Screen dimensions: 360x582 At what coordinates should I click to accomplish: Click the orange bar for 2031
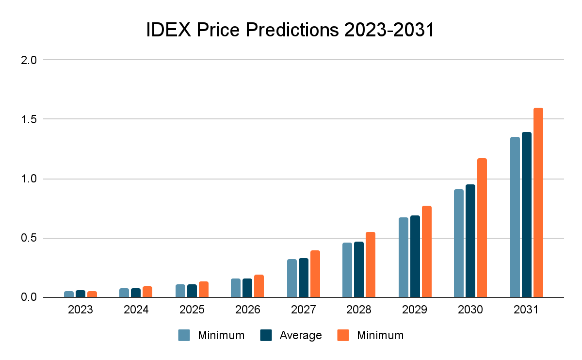click(x=538, y=202)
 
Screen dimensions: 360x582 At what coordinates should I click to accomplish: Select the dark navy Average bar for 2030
click(x=470, y=241)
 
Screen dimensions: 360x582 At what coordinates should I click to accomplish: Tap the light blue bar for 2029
click(x=403, y=257)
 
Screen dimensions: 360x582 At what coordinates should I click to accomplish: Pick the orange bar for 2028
click(x=370, y=264)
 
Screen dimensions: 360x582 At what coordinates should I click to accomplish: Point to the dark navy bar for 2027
click(x=303, y=278)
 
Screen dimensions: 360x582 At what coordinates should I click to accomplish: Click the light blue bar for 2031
click(x=515, y=217)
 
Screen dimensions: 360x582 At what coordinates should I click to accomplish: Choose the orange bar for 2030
click(x=482, y=228)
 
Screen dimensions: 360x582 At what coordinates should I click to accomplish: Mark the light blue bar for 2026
click(x=235, y=288)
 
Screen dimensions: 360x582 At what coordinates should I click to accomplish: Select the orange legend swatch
click(x=343, y=335)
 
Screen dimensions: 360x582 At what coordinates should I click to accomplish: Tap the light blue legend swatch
click(x=184, y=335)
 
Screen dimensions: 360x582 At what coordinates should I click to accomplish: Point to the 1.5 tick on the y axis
click(x=30, y=119)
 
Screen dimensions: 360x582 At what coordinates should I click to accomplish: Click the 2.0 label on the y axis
click(x=30, y=60)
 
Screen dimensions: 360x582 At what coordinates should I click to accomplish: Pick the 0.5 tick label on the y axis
click(x=30, y=238)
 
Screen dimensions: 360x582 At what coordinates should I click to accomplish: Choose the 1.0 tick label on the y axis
click(x=30, y=179)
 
